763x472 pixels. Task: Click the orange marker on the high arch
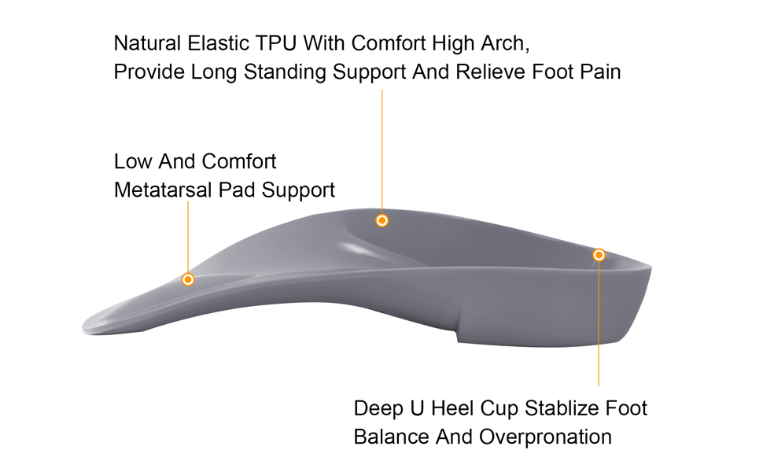382,220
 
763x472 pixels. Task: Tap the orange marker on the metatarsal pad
188,279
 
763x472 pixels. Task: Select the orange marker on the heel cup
599,255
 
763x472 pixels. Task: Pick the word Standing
285,72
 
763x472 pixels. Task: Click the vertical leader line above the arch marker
382,149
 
